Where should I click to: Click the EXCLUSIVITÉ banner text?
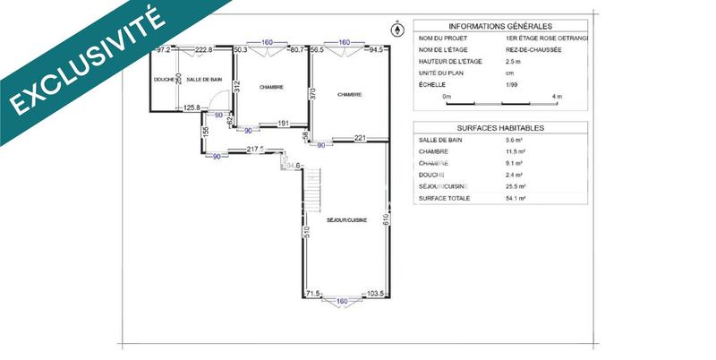tap(85, 64)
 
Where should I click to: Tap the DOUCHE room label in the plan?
tap(163, 80)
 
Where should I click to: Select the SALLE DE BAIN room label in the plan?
tap(204, 80)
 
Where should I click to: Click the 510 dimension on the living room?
tap(308, 235)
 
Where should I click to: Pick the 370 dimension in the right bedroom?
tap(314, 92)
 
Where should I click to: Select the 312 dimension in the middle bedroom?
tap(236, 86)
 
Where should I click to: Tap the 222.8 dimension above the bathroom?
tap(204, 50)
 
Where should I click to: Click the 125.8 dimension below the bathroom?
tap(192, 108)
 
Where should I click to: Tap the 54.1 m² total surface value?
tap(516, 197)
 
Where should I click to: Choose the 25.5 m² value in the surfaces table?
tap(516, 185)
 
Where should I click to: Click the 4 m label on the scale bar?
tap(557, 95)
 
